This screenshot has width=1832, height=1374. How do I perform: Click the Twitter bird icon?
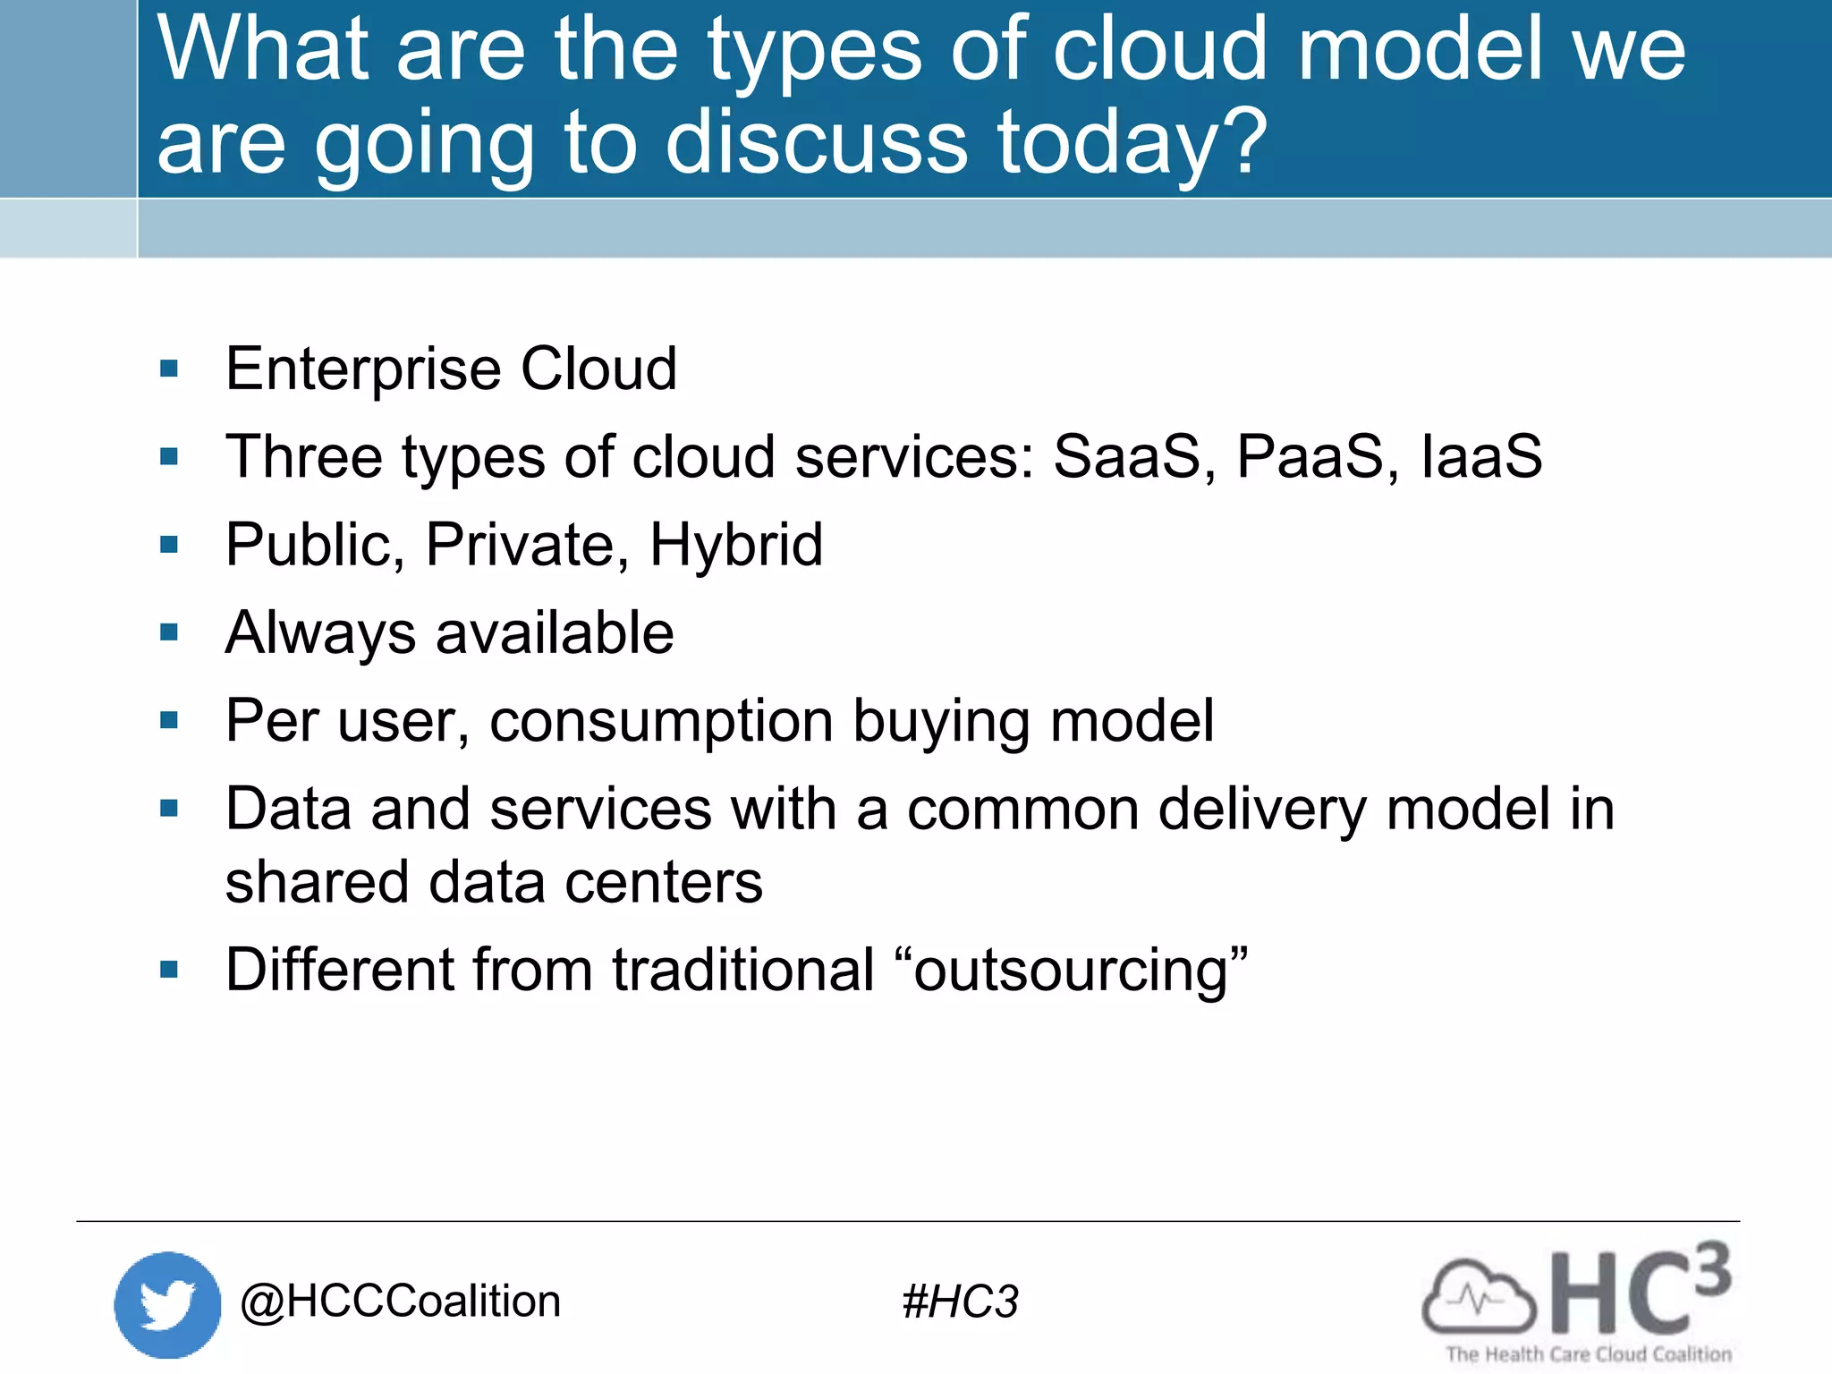167,1304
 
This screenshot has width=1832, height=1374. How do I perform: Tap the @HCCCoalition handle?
400,1302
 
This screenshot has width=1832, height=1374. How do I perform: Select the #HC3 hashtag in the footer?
960,1302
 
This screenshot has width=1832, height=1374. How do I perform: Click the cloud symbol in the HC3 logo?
1478,1297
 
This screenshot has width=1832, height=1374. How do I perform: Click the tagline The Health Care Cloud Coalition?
1589,1354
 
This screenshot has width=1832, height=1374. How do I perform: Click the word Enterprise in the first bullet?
363,369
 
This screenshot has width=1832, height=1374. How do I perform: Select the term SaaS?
1128,457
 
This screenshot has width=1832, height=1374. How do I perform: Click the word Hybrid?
735,546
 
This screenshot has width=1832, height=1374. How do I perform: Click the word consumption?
661,721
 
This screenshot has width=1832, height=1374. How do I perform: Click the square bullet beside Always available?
169,633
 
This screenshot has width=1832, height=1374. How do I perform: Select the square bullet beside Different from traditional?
169,970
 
